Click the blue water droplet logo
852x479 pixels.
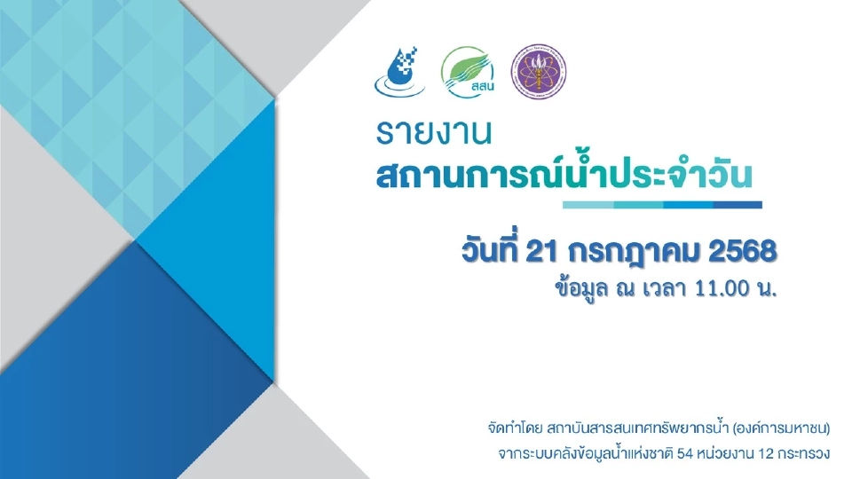[398, 71]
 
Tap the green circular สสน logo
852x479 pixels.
[467, 71]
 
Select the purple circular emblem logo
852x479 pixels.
[538, 71]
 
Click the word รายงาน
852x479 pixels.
[432, 134]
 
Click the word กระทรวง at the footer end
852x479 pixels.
[805, 454]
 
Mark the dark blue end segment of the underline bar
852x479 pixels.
[738, 205]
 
